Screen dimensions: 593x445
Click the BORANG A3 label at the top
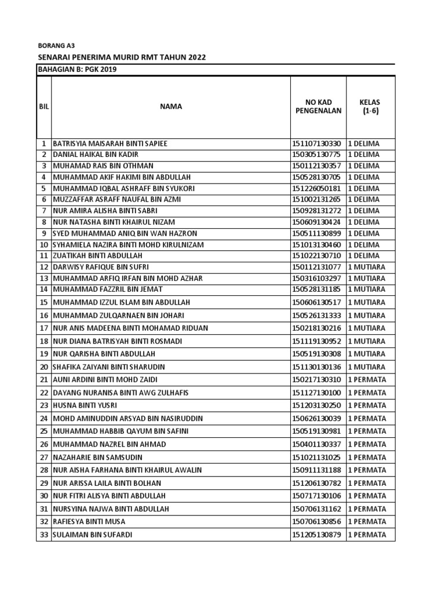pos(56,45)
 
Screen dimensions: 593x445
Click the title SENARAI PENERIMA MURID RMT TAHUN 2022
pos(121,57)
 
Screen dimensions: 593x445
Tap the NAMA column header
pos(171,106)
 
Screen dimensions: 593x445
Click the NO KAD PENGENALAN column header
pos(317,107)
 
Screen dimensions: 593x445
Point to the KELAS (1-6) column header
pos(370,107)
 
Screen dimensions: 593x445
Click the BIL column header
pos(43,107)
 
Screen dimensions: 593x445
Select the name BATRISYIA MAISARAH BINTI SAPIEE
pos(114,143)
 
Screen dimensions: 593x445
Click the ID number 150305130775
pos(317,155)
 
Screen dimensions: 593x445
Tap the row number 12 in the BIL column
pos(43,267)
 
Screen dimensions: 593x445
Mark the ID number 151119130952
pos(317,341)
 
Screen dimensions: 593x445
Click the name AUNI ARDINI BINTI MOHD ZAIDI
pos(105,380)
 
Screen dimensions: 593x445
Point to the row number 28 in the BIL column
pos(43,470)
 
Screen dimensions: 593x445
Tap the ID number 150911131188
pos(317,470)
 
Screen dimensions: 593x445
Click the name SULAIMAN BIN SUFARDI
pos(92,535)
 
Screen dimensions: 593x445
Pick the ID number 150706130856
pos(317,522)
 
